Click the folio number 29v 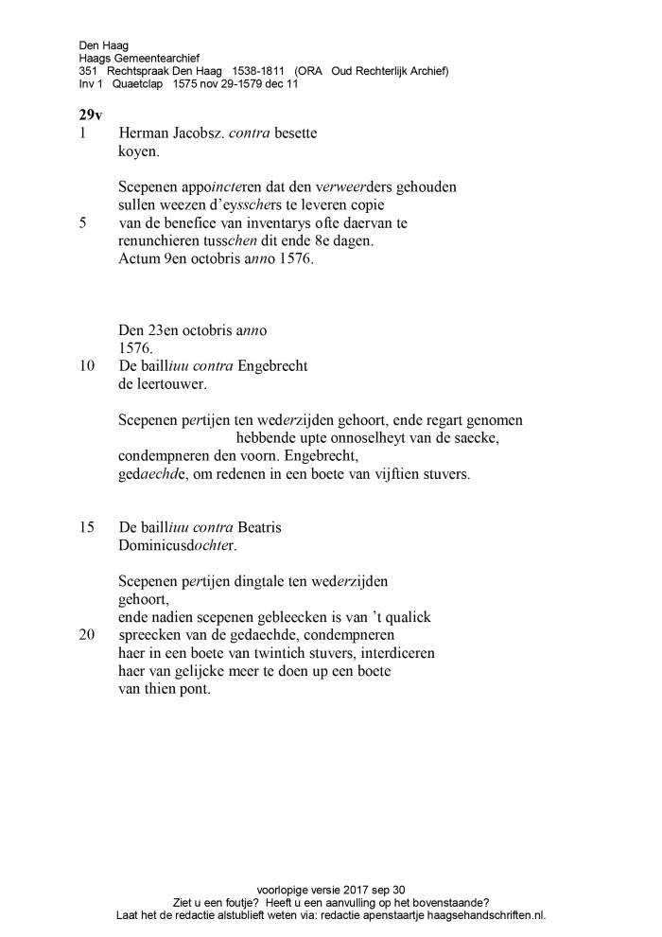91,115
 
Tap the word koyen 139,151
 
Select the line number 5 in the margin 83,222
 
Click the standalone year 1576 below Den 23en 134,347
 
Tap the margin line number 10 87,365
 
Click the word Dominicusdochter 178,545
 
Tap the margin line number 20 87,635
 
